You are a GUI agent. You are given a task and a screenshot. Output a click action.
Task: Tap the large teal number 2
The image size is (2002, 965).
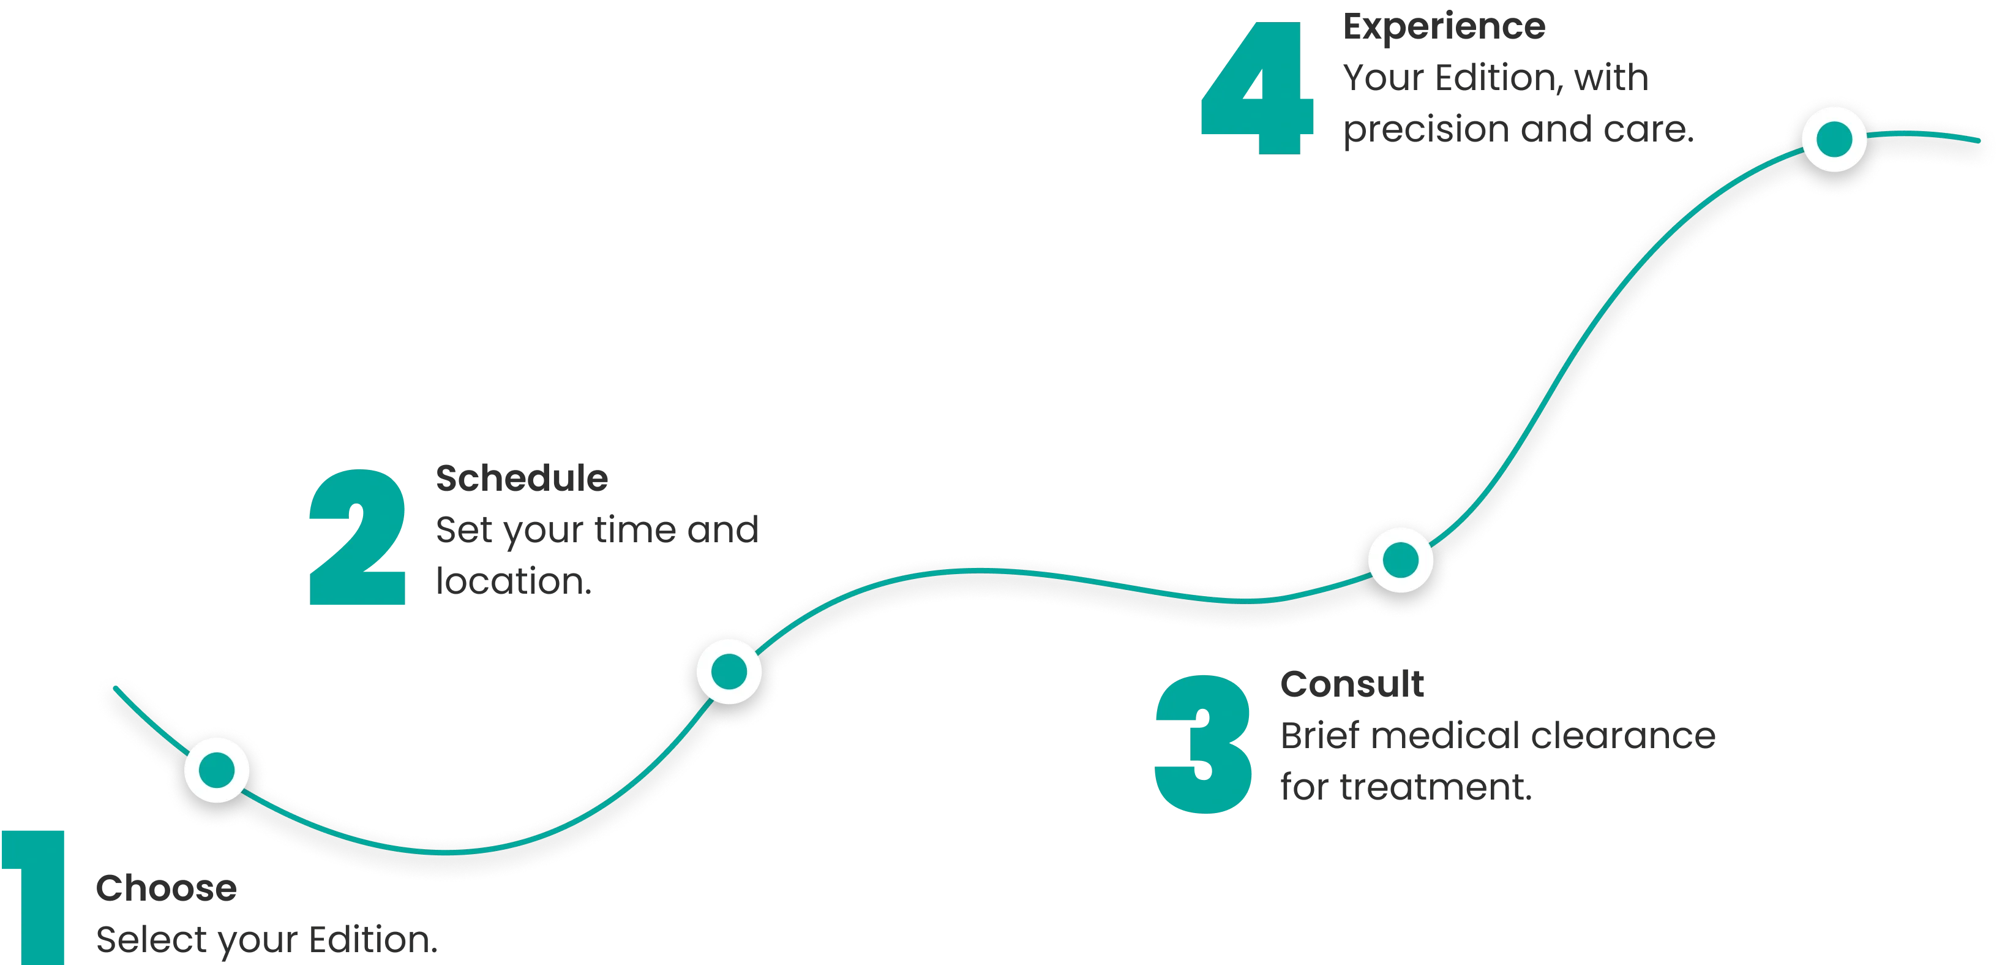tap(358, 537)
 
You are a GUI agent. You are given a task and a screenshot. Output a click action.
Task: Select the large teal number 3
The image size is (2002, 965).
tap(1203, 744)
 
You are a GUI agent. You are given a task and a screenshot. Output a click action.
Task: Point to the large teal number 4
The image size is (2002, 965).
tap(1258, 88)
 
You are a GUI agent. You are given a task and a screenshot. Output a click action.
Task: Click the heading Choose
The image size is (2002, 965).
tap(167, 888)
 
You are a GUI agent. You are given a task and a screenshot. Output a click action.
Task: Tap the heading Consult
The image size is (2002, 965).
tap(1352, 684)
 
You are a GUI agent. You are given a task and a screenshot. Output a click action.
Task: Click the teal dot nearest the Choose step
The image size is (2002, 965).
tap(217, 770)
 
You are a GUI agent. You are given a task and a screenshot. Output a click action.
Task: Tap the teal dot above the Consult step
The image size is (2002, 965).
tap(1400, 560)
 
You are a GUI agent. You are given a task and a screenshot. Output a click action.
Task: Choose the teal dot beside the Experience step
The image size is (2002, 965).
tap(1834, 139)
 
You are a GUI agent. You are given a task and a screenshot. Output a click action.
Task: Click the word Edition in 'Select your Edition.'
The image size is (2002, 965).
tap(373, 939)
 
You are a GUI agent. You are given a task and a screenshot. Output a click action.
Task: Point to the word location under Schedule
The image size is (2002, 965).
tap(514, 581)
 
